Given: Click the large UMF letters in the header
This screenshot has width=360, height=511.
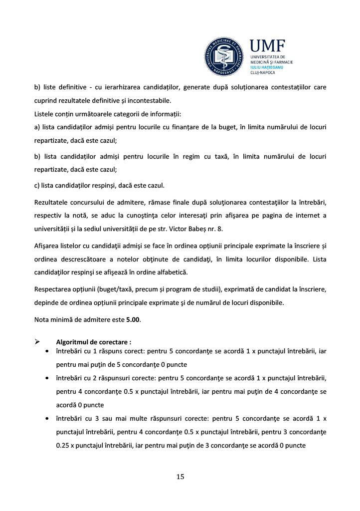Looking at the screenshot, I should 268,46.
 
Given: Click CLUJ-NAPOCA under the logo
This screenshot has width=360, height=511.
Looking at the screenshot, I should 275,72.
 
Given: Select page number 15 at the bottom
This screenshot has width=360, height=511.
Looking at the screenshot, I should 180,477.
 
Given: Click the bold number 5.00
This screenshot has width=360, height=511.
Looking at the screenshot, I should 133,319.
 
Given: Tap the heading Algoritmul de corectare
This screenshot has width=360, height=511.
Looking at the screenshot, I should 94,342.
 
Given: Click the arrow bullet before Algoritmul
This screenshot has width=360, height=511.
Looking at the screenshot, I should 37,342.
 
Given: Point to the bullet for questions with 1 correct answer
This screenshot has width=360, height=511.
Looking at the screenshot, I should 46,352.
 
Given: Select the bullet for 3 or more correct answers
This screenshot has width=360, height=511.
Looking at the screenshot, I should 46,418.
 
